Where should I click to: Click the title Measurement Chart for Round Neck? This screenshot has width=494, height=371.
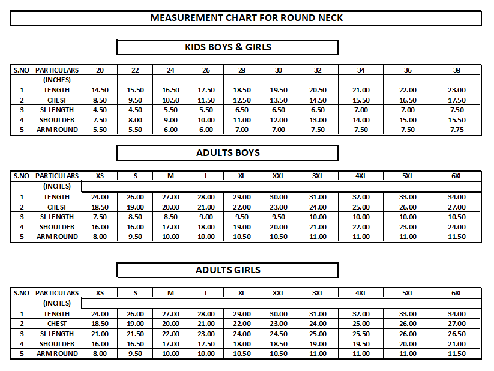[x=246, y=18]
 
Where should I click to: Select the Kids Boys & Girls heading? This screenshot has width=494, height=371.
[x=227, y=47]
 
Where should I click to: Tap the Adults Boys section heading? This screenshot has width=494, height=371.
[x=227, y=153]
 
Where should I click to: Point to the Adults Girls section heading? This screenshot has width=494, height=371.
[x=227, y=270]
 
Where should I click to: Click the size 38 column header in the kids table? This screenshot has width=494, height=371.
[x=457, y=70]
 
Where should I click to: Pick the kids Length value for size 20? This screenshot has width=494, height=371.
[x=100, y=90]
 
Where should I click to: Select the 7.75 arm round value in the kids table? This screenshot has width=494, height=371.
[x=457, y=130]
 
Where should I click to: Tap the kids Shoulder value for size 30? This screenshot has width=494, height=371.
[x=279, y=120]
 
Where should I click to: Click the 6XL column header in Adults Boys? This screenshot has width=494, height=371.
[x=457, y=176]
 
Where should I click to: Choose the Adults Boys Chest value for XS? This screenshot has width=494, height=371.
[x=100, y=207]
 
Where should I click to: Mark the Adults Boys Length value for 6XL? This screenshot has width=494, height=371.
[x=457, y=197]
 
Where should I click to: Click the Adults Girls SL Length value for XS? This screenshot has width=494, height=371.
[x=100, y=334]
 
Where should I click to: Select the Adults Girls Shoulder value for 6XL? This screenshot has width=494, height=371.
[x=457, y=344]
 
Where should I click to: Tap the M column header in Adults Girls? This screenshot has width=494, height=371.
[x=170, y=293]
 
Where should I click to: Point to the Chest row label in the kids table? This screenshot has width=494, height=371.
[x=57, y=100]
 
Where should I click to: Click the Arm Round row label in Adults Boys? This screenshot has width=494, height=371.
[x=57, y=237]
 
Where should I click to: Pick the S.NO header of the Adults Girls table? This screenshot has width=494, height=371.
[x=22, y=293]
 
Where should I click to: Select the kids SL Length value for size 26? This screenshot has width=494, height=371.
[x=206, y=110]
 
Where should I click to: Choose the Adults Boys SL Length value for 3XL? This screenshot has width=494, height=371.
[x=318, y=217]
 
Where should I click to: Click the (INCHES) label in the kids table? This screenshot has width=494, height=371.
[x=57, y=80]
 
